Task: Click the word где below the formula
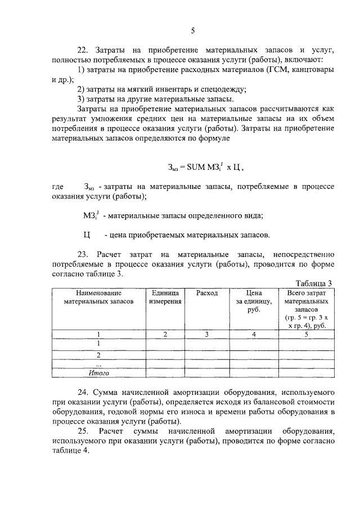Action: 57,186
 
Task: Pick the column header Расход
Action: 206,293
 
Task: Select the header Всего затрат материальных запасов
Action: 307,309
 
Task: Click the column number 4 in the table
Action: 254,335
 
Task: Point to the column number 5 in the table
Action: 307,335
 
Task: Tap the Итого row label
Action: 98,372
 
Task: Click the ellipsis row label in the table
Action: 98,363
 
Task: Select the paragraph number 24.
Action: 83,390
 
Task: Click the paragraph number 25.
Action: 83,431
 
